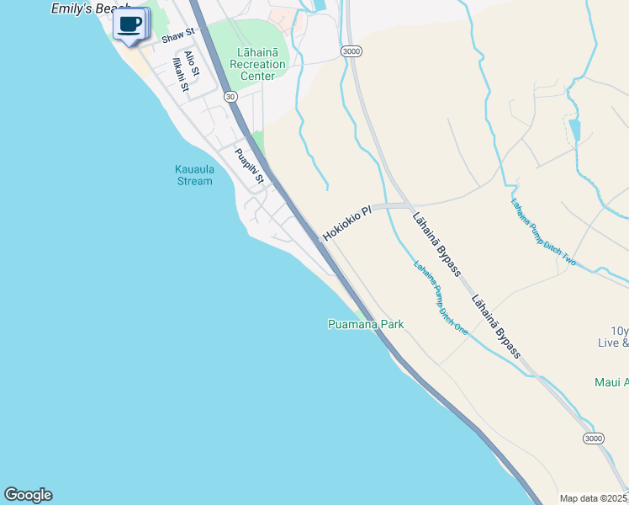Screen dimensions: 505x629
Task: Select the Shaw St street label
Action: click(x=177, y=35)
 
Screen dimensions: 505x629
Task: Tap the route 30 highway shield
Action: click(x=230, y=97)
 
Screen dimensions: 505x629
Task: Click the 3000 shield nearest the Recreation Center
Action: click(x=351, y=52)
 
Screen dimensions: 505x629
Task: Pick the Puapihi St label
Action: click(x=250, y=166)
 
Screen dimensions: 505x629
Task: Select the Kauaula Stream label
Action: click(x=194, y=175)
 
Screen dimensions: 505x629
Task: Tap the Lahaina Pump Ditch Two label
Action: click(x=543, y=231)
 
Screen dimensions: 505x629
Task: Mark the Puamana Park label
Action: click(x=366, y=324)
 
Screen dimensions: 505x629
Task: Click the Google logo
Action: click(x=28, y=495)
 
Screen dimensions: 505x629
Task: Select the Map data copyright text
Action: click(x=593, y=498)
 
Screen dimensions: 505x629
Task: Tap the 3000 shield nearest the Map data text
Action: click(x=594, y=439)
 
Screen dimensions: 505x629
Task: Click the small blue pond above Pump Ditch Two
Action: click(x=574, y=130)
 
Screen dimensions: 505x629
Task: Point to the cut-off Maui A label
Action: click(x=611, y=382)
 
